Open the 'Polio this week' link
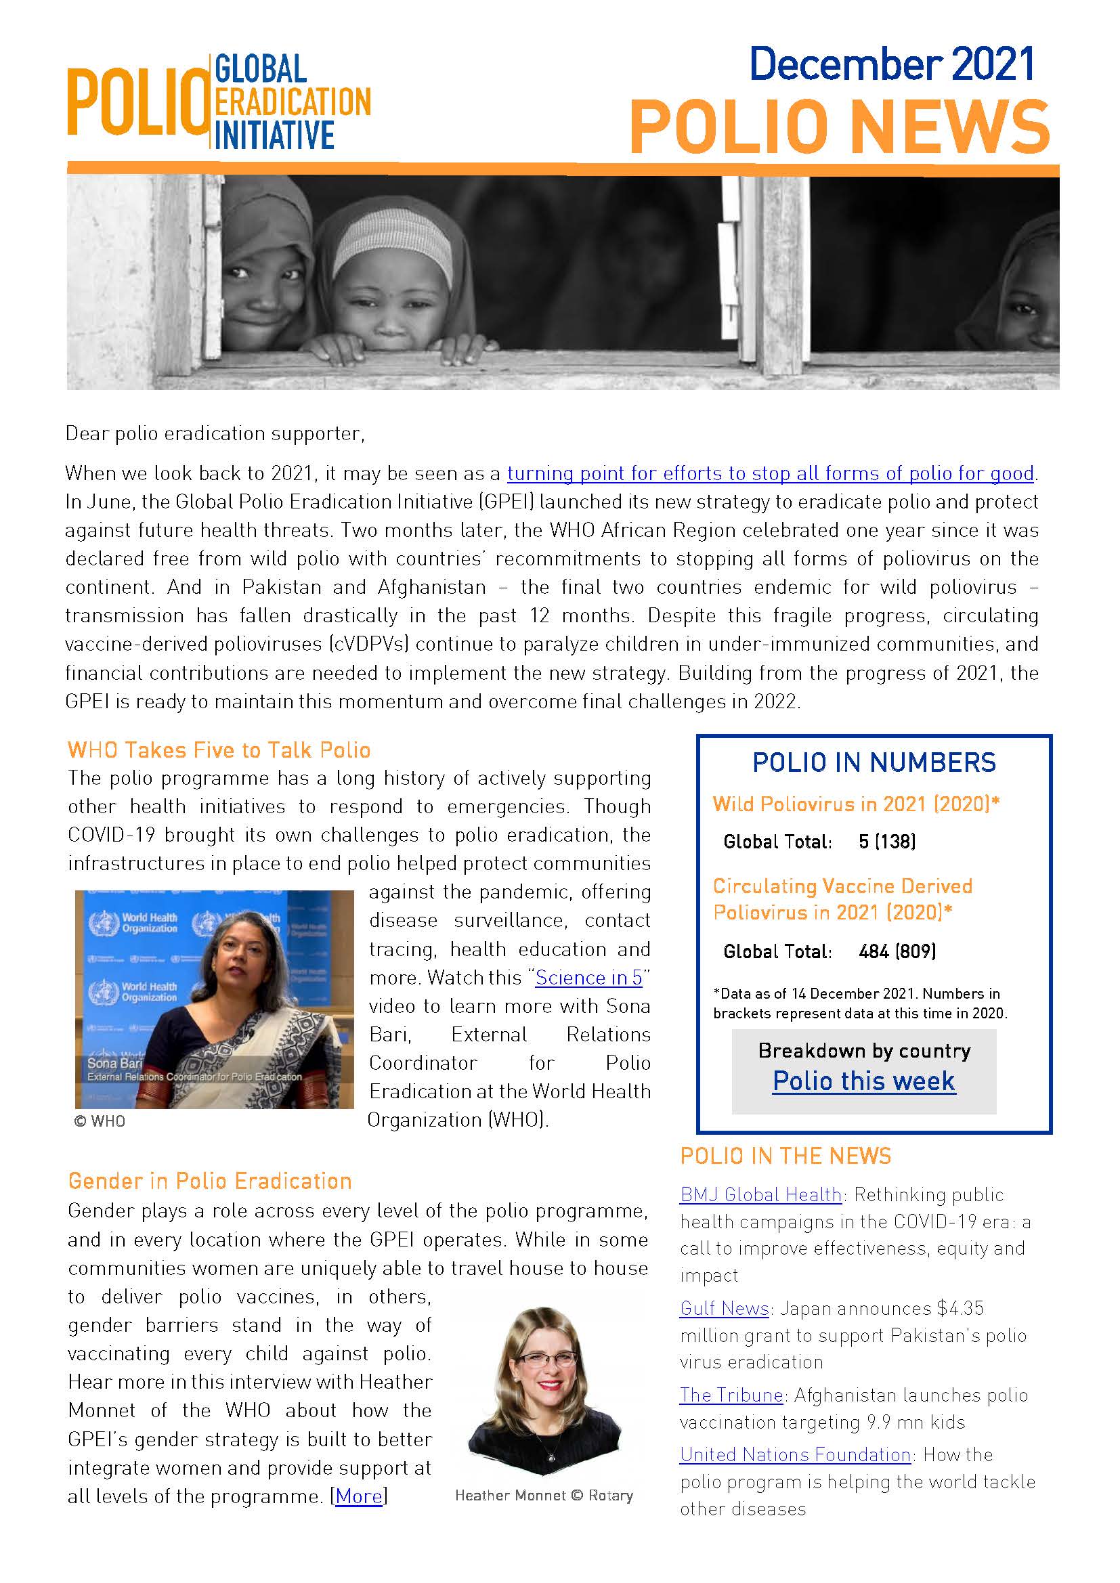point(863,1081)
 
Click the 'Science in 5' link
point(588,978)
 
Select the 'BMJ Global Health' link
point(760,1194)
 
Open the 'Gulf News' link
point(724,1308)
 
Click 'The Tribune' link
point(731,1395)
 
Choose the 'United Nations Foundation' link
point(795,1454)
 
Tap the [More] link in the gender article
point(359,1496)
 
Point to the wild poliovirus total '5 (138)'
point(887,841)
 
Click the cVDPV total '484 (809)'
point(897,951)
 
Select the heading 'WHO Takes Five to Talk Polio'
point(219,750)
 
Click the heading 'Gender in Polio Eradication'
point(210,1181)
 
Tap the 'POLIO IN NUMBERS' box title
point(874,762)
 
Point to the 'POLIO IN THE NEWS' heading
point(785,1156)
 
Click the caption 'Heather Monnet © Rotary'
point(544,1496)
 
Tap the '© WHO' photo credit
point(100,1121)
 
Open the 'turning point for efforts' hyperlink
point(771,474)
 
